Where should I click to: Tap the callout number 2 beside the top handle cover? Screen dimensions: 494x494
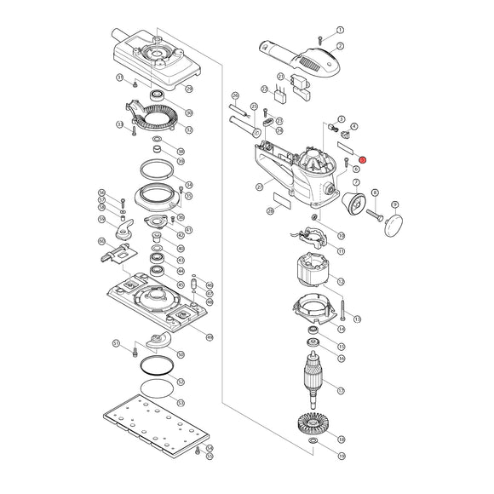[340, 46]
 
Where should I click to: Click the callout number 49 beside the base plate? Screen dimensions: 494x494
[210, 337]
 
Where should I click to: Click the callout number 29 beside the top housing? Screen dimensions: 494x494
[189, 89]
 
